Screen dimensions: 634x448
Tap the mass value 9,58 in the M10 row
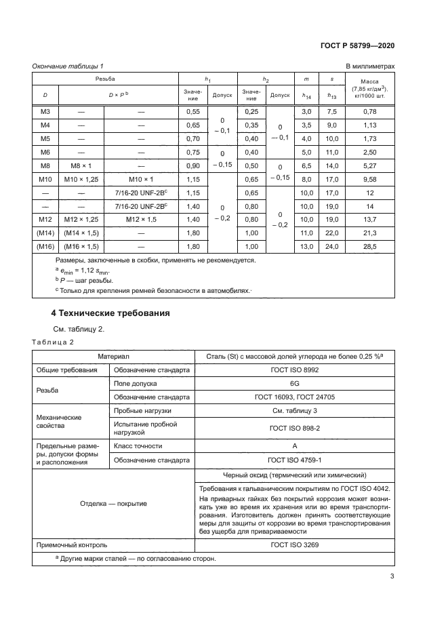coord(369,180)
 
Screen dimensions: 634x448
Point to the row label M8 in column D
coord(45,165)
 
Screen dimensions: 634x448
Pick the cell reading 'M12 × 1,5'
coord(141,220)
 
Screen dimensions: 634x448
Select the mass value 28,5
coord(369,247)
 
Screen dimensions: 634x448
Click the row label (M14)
coord(45,233)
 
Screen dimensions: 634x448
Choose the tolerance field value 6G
coord(295,383)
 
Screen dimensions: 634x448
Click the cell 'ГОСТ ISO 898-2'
coord(295,429)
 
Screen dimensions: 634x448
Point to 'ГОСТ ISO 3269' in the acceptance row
coord(295,544)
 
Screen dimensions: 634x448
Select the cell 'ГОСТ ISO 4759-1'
coord(295,459)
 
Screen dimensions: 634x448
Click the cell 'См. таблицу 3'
coord(295,411)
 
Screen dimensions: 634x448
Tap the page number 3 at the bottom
coord(392,577)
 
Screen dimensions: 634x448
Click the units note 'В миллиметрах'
coord(370,66)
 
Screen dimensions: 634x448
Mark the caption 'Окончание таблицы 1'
coord(68,66)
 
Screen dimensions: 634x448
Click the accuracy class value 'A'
coord(295,445)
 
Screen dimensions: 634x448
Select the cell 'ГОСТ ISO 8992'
coord(295,370)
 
